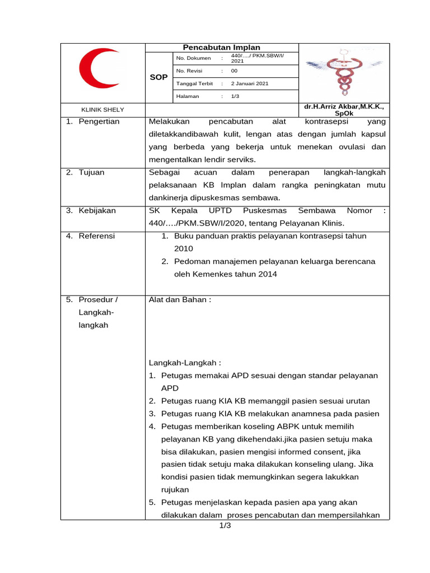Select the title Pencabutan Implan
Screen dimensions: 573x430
coord(222,48)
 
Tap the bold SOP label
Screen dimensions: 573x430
coord(159,77)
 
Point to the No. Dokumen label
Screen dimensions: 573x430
coord(193,58)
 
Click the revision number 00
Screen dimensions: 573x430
coord(235,71)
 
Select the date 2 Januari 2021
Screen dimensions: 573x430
coord(250,83)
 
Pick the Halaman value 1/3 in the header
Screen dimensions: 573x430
coord(235,96)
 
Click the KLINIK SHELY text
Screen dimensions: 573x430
coord(103,110)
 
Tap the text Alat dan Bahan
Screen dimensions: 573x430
coord(180,299)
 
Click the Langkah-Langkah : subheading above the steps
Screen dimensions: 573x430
coord(185,363)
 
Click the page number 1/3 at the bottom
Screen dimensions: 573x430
coord(225,526)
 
